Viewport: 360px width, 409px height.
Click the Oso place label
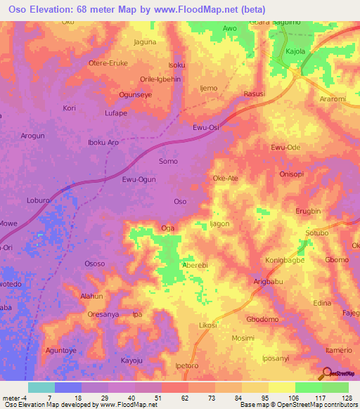[x=180, y=202]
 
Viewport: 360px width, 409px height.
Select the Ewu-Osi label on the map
[x=205, y=128]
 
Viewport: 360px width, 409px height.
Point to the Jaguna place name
[x=145, y=42]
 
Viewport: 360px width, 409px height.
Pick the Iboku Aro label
[x=102, y=142]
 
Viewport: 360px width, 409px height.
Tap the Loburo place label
[x=37, y=200]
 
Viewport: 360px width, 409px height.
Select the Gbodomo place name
[x=263, y=319]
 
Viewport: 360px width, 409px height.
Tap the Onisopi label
[x=291, y=174]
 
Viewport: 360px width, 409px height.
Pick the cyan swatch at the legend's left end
[x=41, y=387]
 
